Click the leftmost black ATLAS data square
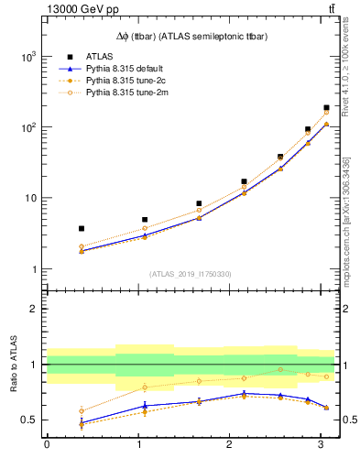pos(82,228)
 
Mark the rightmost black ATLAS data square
pos(326,108)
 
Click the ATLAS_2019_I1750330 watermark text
pos(191,274)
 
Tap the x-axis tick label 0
pos(47,444)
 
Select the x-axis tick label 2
pos(229,444)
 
